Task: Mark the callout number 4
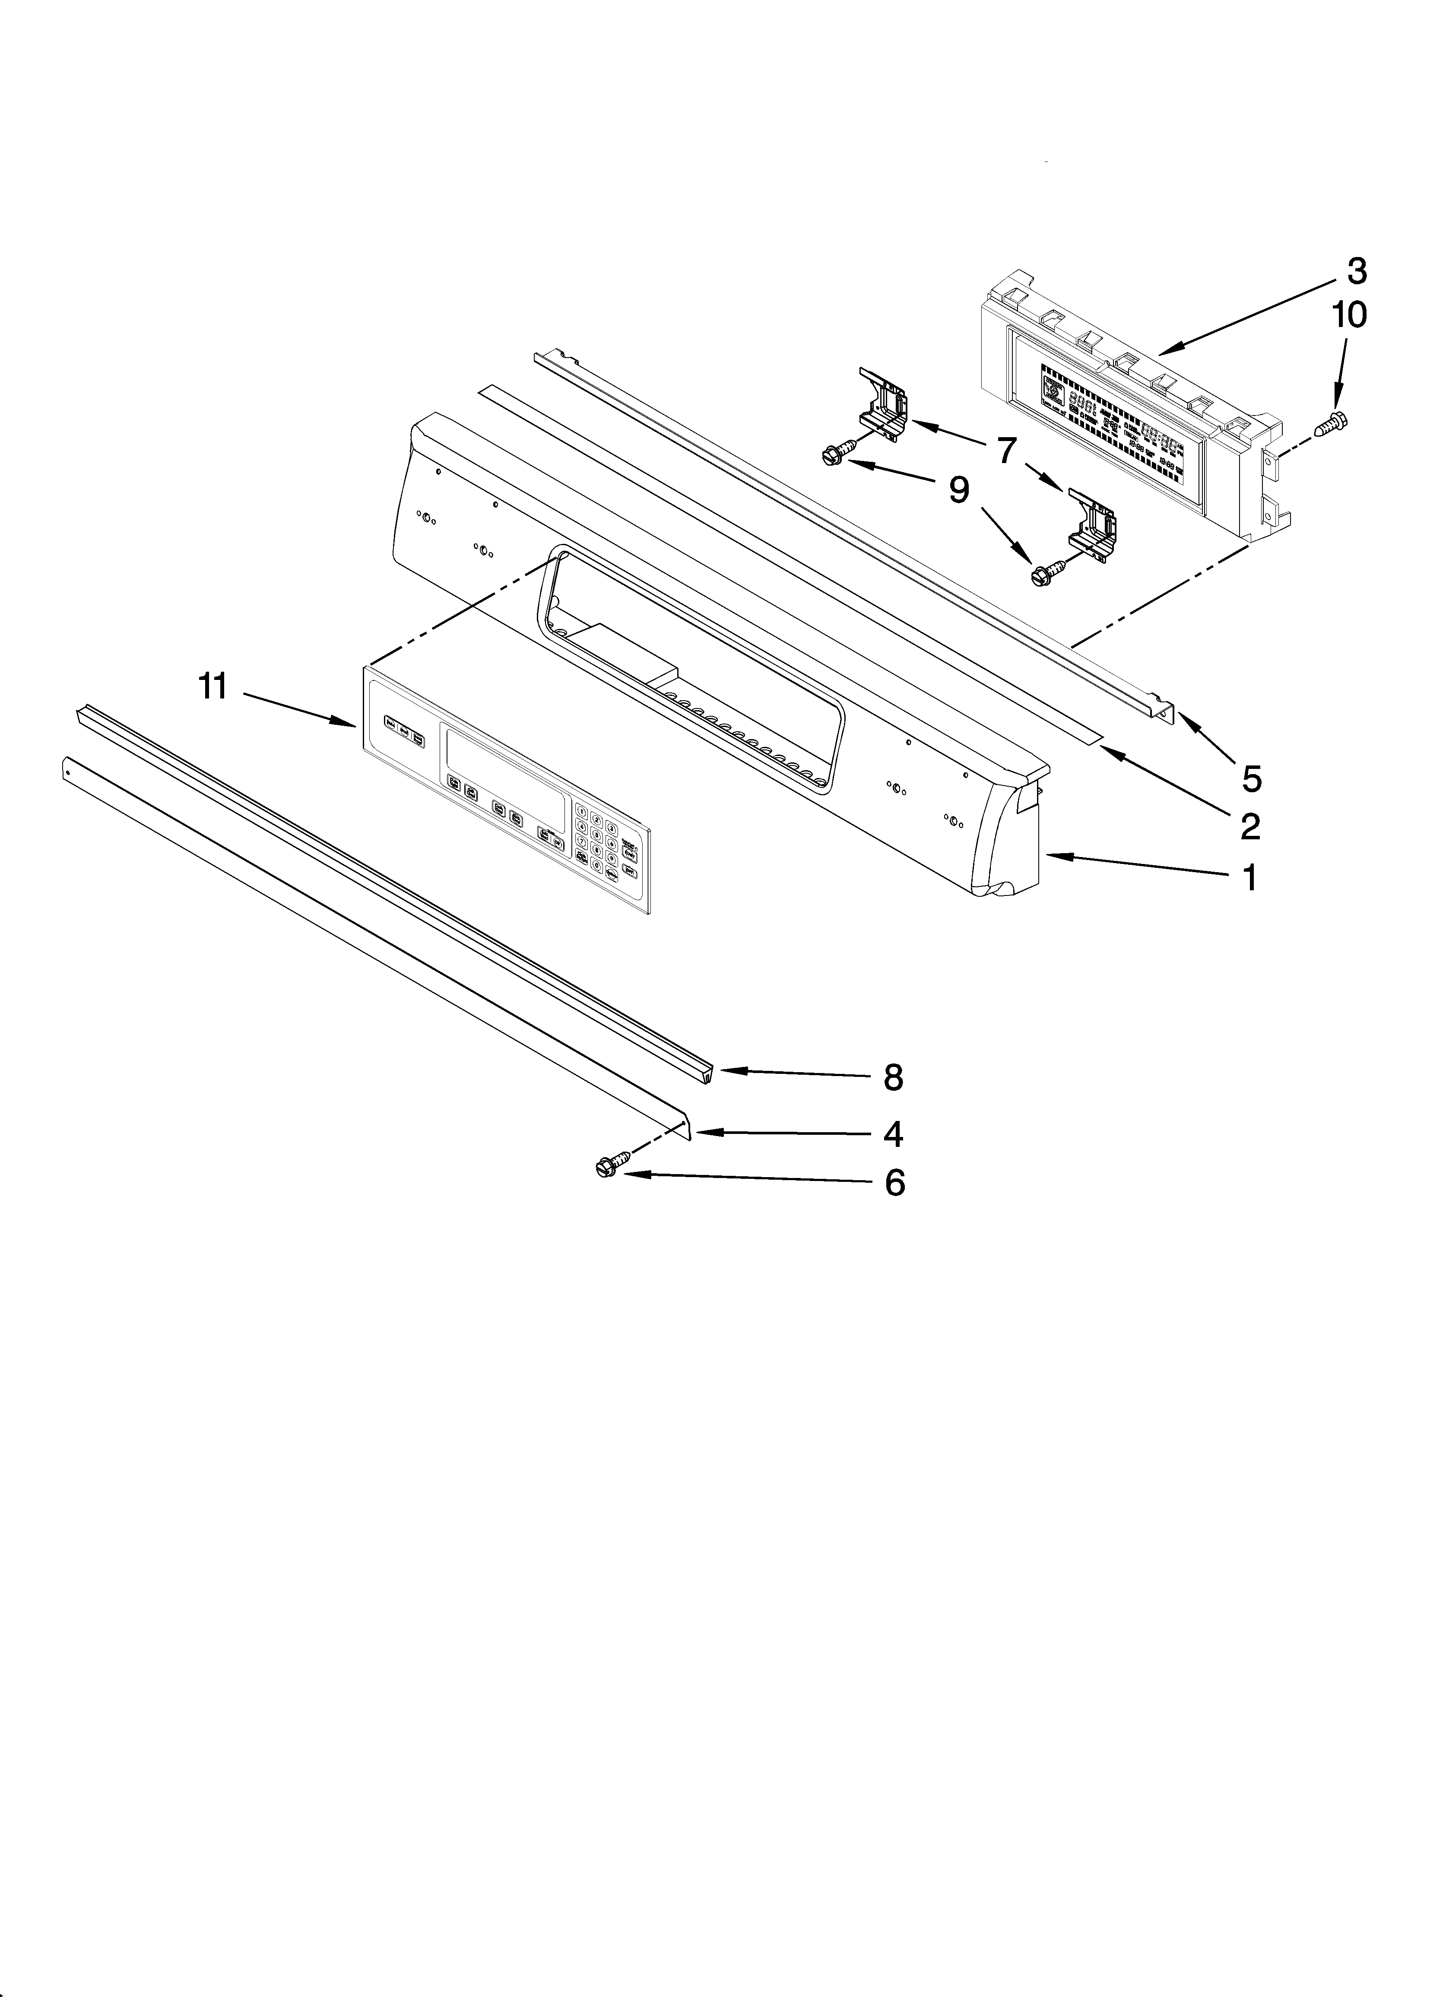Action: (893, 1135)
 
